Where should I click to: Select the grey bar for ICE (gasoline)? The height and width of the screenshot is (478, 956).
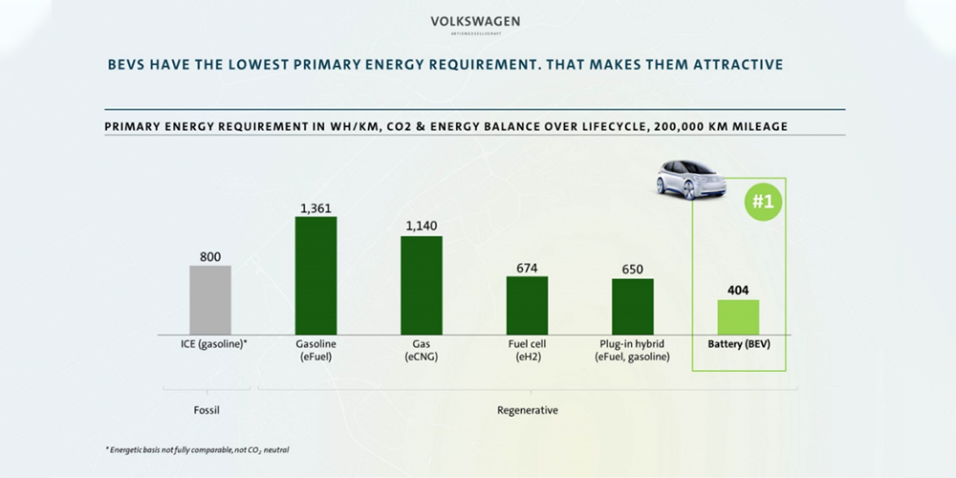click(210, 299)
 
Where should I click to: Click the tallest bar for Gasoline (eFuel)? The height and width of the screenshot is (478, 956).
click(315, 275)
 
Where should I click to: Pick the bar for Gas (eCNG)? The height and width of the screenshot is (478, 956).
click(421, 285)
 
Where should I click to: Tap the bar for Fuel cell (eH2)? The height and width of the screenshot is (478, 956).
click(527, 305)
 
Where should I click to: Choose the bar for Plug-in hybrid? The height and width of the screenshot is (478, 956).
click(632, 306)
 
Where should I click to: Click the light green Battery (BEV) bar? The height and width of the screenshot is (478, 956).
click(738, 316)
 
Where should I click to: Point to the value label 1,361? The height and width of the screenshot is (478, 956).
click(315, 207)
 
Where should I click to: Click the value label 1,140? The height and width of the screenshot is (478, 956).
click(421, 227)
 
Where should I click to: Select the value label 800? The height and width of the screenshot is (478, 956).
click(210, 256)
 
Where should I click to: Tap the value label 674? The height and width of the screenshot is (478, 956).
click(527, 268)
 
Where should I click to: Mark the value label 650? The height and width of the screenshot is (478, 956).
click(632, 270)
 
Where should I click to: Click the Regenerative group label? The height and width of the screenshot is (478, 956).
click(527, 410)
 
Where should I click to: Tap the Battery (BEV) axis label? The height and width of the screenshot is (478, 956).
click(738, 344)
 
